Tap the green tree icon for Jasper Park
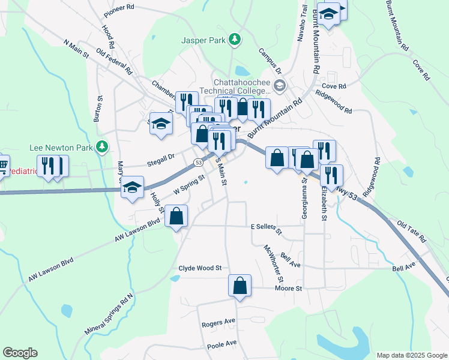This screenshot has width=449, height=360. (236, 40)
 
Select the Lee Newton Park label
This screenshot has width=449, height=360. (62, 147)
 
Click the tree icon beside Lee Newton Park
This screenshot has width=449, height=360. (102, 146)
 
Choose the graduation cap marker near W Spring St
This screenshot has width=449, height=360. (133, 188)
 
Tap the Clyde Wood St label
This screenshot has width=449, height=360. (200, 268)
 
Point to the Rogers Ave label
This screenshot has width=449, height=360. (218, 323)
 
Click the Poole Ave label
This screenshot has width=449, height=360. (222, 345)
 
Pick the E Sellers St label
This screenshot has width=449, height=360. (266, 227)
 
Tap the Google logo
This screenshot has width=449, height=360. (20, 352)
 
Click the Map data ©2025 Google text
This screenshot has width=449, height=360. (411, 355)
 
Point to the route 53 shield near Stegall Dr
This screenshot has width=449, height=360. (197, 163)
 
